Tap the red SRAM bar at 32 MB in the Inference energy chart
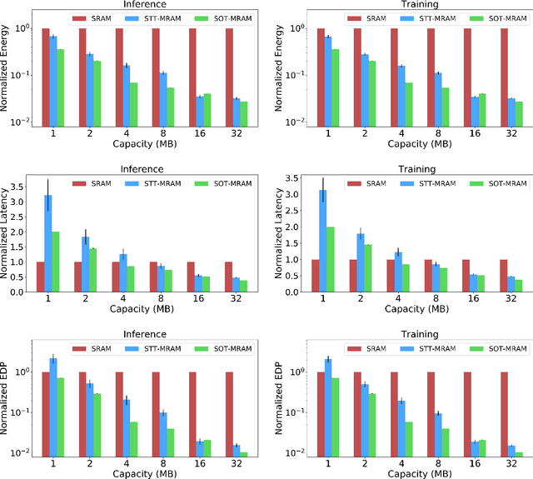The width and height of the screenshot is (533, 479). coord(229,76)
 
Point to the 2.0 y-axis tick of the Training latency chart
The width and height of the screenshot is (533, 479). coord(285,227)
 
